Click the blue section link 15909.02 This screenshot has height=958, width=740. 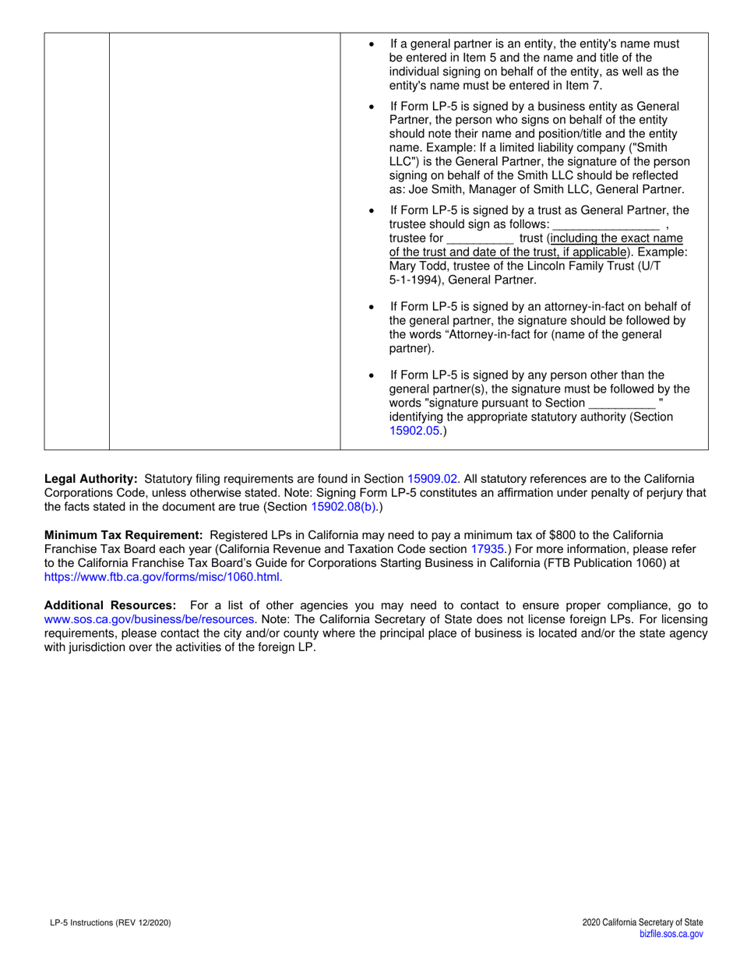pyautogui.click(x=433, y=478)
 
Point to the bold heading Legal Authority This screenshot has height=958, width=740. pyautogui.click(x=91, y=478)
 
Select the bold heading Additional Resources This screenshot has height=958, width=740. pyautogui.click(x=110, y=605)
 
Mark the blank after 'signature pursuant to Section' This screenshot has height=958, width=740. pyautogui.click(x=622, y=403)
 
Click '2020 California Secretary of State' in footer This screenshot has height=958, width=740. pyautogui.click(x=642, y=922)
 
